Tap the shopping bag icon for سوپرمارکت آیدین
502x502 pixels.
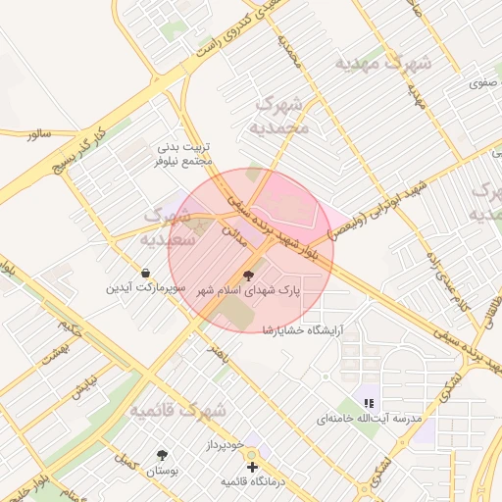[146, 273]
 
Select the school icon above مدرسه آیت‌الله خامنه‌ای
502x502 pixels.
[369, 402]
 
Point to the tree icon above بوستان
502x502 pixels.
[162, 455]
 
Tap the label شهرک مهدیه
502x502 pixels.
[383, 63]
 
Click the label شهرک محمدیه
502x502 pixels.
[281, 115]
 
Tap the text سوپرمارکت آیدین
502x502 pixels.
[146, 288]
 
